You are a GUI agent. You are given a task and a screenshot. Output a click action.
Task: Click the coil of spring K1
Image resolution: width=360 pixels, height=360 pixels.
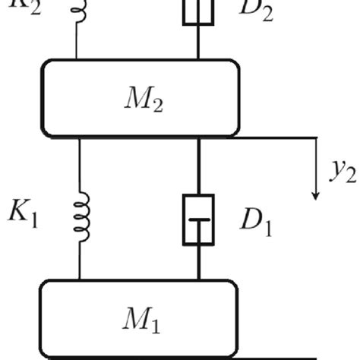click(x=81, y=215)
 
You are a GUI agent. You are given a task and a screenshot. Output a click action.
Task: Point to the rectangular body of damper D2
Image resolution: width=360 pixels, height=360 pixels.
click(x=198, y=11)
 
